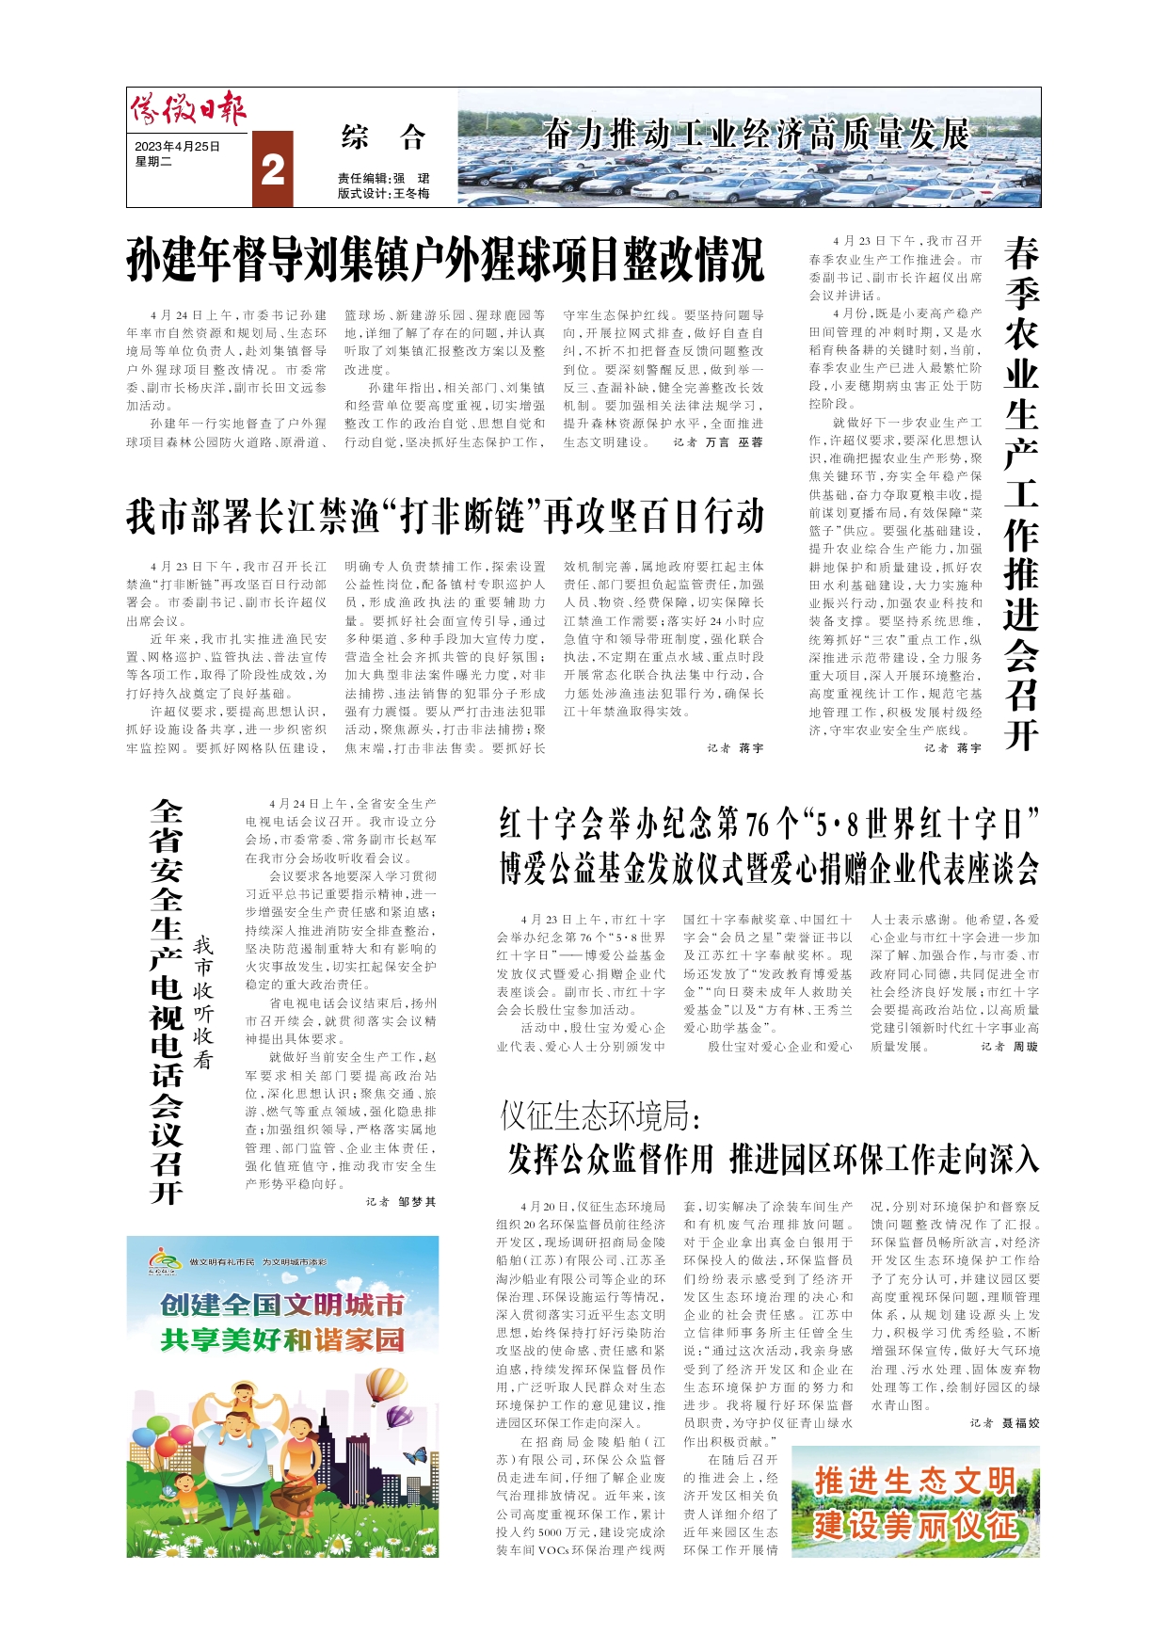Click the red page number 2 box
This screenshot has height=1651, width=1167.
[273, 169]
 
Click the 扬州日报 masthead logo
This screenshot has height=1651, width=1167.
[188, 111]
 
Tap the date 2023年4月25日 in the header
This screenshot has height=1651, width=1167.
[178, 147]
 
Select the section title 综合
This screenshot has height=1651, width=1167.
[383, 138]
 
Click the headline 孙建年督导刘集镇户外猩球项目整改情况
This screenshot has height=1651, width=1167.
[445, 260]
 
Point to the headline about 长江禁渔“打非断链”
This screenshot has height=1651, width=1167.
[445, 517]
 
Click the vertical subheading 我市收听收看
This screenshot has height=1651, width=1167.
[203, 1002]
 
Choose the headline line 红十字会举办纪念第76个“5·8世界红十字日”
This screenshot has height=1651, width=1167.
[769, 825]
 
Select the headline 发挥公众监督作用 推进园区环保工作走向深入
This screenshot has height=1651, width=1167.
[773, 1159]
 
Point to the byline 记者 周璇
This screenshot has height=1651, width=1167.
[1009, 1047]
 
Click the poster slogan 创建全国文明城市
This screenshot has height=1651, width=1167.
[282, 1305]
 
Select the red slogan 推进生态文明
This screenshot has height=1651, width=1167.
[914, 1481]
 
